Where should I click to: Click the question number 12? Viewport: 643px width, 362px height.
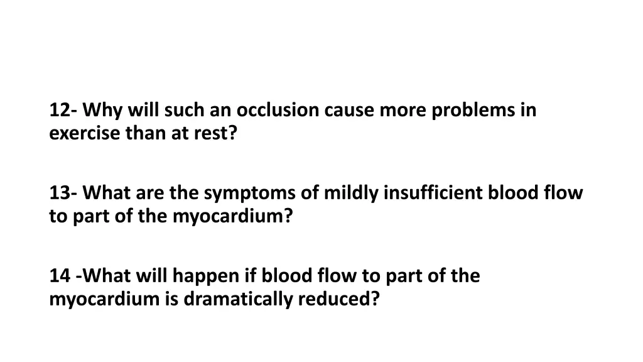point(60,111)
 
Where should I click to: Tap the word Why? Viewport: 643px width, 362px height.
point(99,111)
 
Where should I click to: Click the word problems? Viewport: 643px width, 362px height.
point(472,111)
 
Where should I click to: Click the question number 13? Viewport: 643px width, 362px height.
point(60,194)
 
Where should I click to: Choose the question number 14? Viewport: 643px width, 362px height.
point(59,277)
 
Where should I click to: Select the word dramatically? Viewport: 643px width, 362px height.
point(239,299)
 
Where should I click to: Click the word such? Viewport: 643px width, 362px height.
point(182,111)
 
